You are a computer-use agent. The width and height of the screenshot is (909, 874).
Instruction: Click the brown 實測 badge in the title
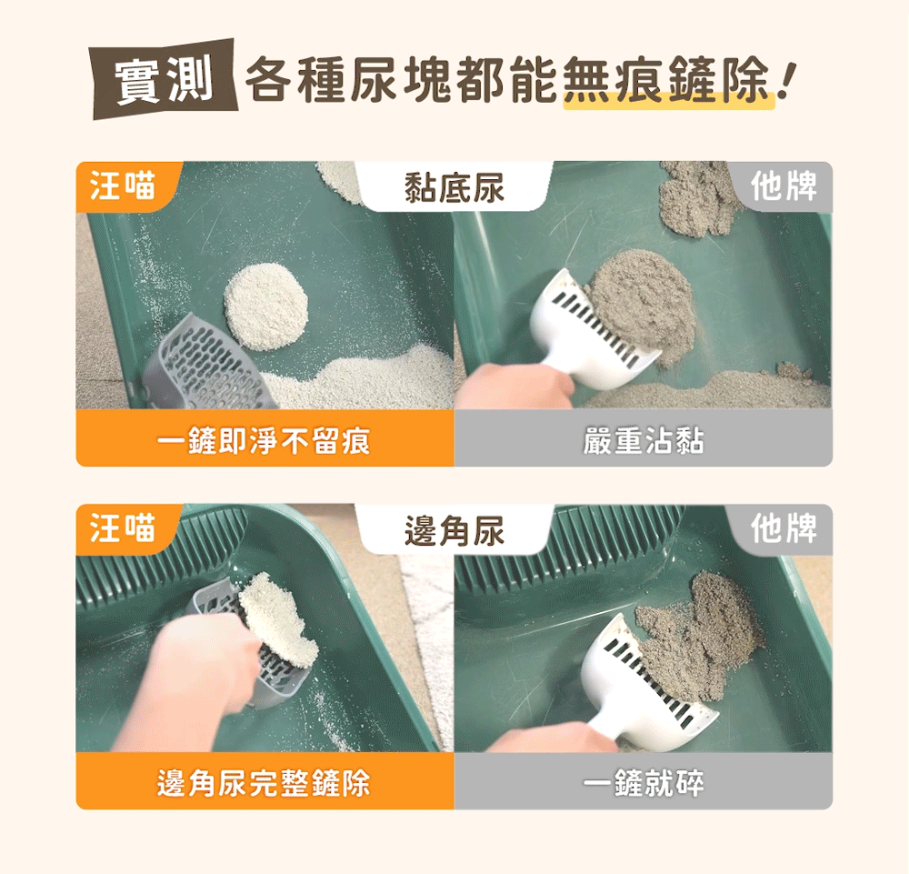[x=164, y=79]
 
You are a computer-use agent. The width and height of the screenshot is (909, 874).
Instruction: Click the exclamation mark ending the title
[x=788, y=80]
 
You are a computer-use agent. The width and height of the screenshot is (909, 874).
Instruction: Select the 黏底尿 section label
[x=454, y=187]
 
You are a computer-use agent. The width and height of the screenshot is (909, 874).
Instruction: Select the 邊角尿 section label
[x=454, y=529]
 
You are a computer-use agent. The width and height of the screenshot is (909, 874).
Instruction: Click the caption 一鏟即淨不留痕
[x=264, y=441]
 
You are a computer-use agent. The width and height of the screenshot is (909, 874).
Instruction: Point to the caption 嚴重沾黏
[x=644, y=441]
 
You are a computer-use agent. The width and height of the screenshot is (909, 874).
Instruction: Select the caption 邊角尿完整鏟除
[x=264, y=783]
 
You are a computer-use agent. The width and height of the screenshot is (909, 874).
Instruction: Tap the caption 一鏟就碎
[x=644, y=783]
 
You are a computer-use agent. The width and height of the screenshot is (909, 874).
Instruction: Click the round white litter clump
[x=266, y=306]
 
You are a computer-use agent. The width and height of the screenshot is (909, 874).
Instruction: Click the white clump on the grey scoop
[x=277, y=618]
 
